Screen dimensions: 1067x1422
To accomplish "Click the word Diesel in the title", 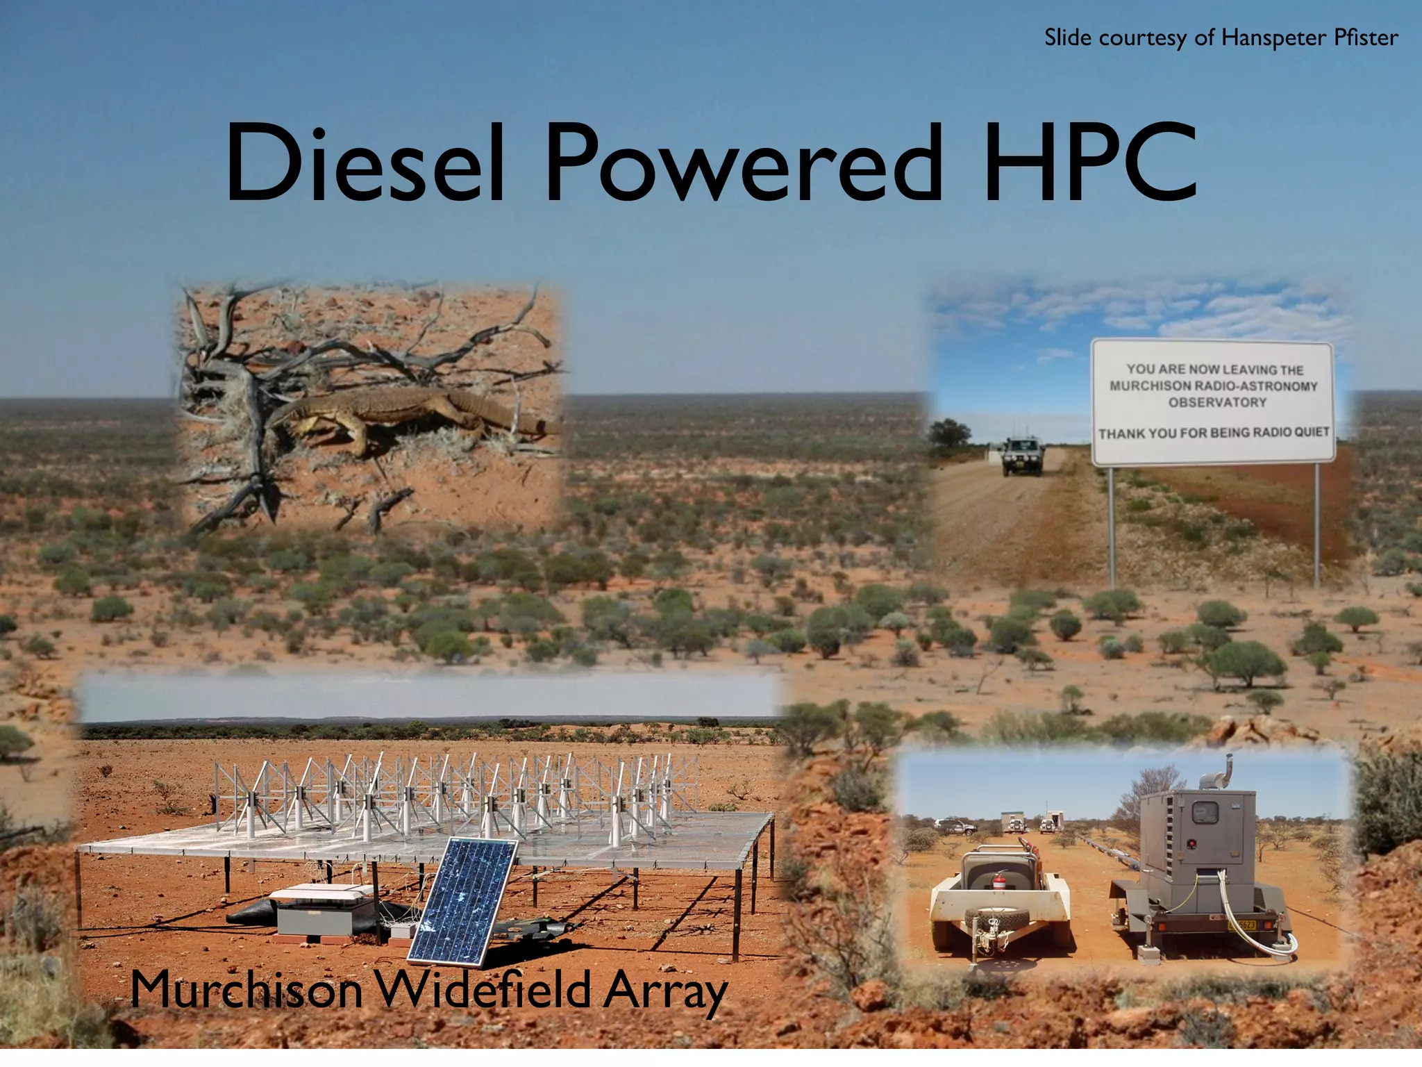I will coord(365,164).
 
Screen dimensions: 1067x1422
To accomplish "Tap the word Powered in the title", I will coord(744,164).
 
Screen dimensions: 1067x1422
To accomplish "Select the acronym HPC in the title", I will coord(1090,164).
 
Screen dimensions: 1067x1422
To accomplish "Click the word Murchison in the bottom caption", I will coord(246,989).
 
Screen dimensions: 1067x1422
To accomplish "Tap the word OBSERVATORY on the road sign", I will coord(1216,403).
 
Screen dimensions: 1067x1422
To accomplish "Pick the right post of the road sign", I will coord(1316,521).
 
